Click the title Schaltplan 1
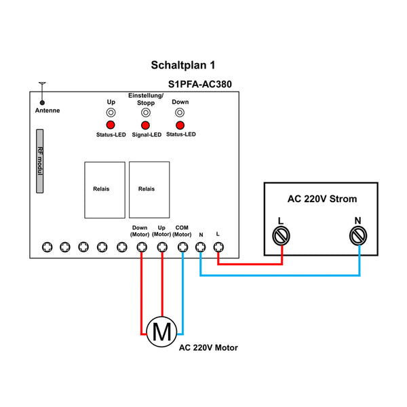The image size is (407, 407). click(182, 66)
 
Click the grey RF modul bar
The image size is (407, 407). click(40, 161)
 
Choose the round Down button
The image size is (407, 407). click(180, 113)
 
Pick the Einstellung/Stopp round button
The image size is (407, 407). click(144, 113)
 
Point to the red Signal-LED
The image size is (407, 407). click(144, 125)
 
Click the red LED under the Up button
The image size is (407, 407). click(110, 125)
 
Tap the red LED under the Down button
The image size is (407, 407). click(180, 125)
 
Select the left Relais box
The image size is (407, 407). click(104, 189)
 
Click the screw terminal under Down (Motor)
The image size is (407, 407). click(140, 247)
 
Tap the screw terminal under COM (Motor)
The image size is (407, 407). click(182, 247)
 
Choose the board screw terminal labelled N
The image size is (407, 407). click(201, 247)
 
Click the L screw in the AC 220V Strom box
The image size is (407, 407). click(281, 235)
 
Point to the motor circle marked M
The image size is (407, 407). click(162, 332)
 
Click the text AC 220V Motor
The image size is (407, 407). click(208, 347)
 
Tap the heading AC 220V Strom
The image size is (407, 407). click(322, 199)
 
